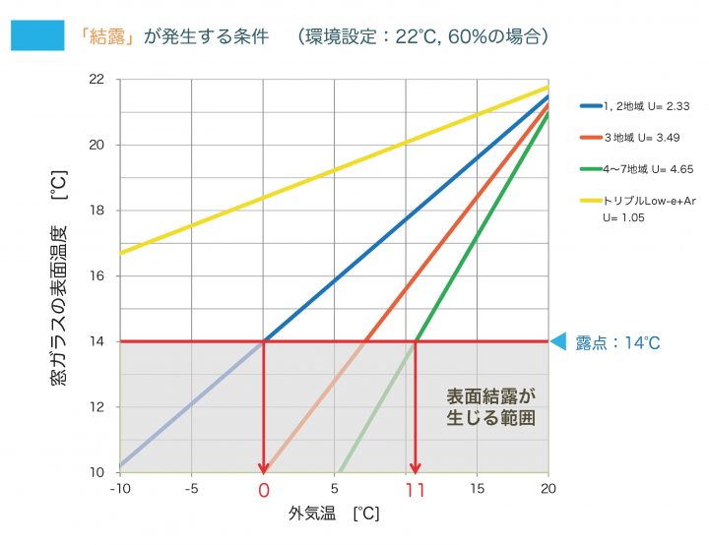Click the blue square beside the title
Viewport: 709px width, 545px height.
coord(36,36)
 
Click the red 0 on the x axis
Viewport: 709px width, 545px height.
coord(263,489)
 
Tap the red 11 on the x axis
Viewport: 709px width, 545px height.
coord(415,489)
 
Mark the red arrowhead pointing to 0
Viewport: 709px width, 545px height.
coord(263,465)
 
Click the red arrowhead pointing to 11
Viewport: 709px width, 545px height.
coord(416,465)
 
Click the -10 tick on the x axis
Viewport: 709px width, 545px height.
coord(119,488)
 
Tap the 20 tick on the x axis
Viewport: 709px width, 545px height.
coord(548,488)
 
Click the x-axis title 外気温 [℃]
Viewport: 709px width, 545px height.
coord(334,515)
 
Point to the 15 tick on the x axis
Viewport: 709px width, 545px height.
coord(477,488)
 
